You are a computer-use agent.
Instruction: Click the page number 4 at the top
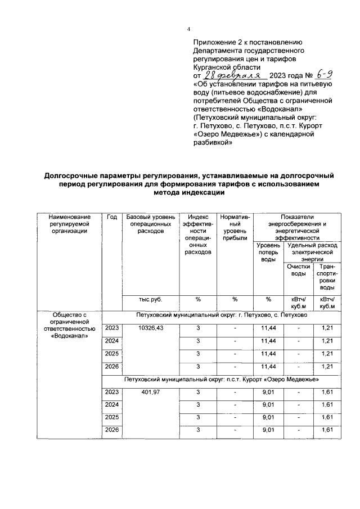(x=189, y=29)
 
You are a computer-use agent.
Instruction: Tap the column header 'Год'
(x=112, y=217)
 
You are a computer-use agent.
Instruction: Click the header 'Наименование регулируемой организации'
(x=69, y=224)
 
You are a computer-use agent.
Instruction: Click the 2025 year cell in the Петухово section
(x=112, y=354)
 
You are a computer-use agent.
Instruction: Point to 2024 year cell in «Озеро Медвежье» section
(x=112, y=404)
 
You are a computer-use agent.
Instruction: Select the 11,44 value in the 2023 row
(x=269, y=328)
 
